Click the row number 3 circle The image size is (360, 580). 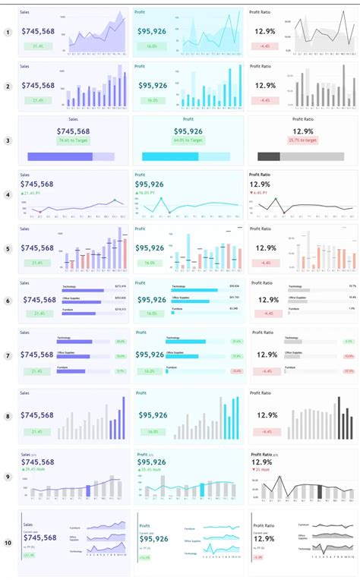8,140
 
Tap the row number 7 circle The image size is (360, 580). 8,355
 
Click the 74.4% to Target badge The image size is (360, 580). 73,140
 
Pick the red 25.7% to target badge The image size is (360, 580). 302,140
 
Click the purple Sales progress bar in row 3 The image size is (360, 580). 60,156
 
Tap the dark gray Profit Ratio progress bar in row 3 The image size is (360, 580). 270,156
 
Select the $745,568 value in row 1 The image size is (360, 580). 37,31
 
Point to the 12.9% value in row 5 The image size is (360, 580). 264,247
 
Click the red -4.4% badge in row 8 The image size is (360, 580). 264,431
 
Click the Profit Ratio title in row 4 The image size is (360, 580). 261,175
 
